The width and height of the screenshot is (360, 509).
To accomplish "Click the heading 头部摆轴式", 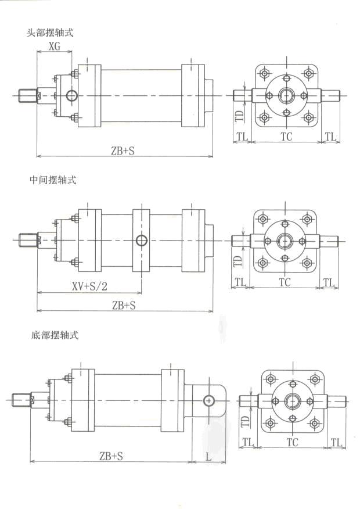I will click(x=51, y=33).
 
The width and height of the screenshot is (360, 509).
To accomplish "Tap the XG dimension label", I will click(x=54, y=46).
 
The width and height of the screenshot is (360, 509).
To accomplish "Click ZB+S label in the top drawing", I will click(x=124, y=150).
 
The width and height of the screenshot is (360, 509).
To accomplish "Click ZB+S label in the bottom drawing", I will click(x=110, y=457).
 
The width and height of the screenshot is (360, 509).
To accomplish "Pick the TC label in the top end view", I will click(x=286, y=137).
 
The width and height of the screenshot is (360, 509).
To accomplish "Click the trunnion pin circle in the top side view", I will click(x=71, y=95).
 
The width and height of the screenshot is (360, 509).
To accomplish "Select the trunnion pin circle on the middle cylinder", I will click(x=141, y=241).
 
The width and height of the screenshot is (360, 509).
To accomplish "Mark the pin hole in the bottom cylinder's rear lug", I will click(x=209, y=400).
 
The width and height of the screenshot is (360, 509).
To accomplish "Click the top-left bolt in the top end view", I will click(x=265, y=74).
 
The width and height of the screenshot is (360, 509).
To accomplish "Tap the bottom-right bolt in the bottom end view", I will click(x=314, y=422).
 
